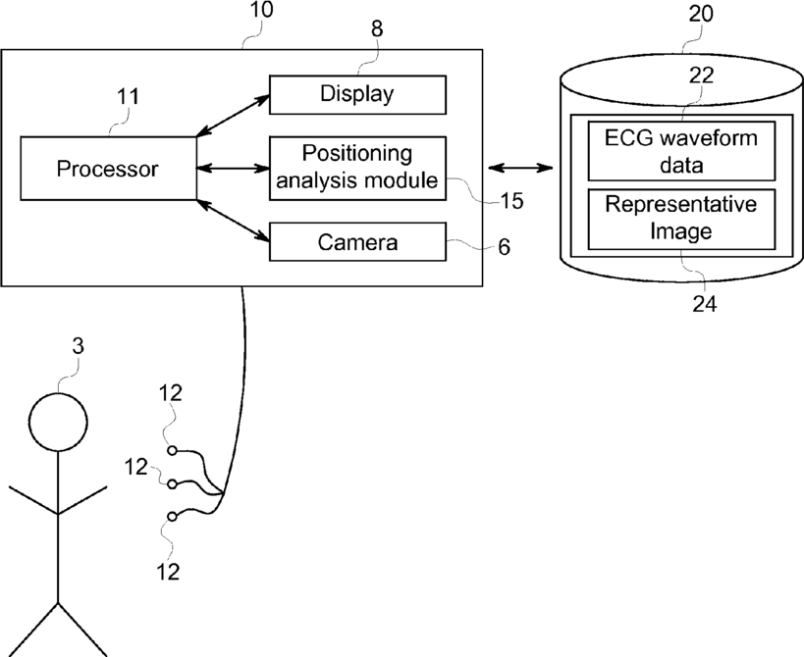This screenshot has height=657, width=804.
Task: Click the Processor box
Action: click(x=108, y=168)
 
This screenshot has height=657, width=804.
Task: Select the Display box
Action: click(x=357, y=95)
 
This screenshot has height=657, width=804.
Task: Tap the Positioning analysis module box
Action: click(x=357, y=168)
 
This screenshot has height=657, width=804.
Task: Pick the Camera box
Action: click(x=357, y=241)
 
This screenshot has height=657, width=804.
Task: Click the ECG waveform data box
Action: click(x=681, y=151)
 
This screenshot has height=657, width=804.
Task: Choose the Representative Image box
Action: click(x=681, y=220)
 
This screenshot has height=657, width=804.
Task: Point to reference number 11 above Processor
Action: click(x=129, y=96)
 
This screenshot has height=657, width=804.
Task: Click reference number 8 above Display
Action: click(x=377, y=29)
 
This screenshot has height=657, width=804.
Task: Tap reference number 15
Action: click(x=511, y=201)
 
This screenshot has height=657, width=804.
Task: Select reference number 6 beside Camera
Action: click(x=505, y=247)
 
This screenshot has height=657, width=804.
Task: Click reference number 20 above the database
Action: click(x=700, y=14)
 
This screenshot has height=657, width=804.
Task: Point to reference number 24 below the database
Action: click(x=705, y=304)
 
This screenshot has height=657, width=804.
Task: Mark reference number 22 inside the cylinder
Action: click(x=701, y=76)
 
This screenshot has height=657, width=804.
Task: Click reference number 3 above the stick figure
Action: click(x=78, y=347)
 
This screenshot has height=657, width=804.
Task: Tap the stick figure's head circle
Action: click(x=59, y=393)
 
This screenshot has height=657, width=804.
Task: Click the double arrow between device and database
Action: click(x=521, y=168)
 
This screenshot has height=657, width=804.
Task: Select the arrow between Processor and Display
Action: click(x=233, y=116)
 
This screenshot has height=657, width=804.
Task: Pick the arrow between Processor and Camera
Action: click(x=233, y=221)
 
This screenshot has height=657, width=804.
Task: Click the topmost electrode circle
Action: click(x=173, y=450)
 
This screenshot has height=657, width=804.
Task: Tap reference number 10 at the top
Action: click(x=261, y=9)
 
